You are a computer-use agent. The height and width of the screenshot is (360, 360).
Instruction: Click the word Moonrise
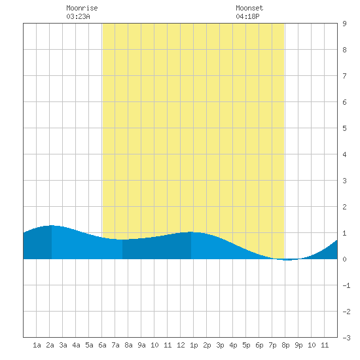pos(82,8)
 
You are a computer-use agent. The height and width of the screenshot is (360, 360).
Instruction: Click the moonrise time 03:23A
pos(78,16)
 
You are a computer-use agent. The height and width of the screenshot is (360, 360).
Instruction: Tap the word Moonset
pos(249,8)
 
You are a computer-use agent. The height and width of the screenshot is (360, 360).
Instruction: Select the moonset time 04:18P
pos(247,16)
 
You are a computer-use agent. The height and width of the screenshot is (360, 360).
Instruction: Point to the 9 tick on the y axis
pos(344,24)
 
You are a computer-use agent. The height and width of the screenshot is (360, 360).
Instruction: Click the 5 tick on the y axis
pos(344,128)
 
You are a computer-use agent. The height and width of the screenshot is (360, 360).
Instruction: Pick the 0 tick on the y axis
pos(344,259)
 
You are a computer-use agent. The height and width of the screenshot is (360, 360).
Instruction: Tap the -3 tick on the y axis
pos(346,338)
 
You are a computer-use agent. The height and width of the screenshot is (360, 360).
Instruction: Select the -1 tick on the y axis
pos(346,285)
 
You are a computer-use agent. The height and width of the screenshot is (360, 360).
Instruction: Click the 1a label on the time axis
pos(37,345)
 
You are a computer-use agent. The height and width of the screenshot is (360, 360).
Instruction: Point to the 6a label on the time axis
pos(102,345)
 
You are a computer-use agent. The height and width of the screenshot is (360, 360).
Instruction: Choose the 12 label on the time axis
pos(181,345)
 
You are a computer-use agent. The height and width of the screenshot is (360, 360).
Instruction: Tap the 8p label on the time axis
pos(285,345)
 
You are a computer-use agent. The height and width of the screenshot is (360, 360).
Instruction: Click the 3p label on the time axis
pos(220,345)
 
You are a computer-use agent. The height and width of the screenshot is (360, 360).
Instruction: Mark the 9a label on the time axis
pos(141,345)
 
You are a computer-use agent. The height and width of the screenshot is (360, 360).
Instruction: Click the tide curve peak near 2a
pos(52,225)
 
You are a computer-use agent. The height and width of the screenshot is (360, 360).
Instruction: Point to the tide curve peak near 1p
pos(191,232)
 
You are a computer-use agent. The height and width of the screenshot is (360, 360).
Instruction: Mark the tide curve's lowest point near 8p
pos(287,260)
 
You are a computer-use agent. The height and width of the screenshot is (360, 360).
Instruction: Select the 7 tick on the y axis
pos(344,76)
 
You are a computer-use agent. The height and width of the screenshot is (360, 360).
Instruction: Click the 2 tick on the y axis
pos(344,207)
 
